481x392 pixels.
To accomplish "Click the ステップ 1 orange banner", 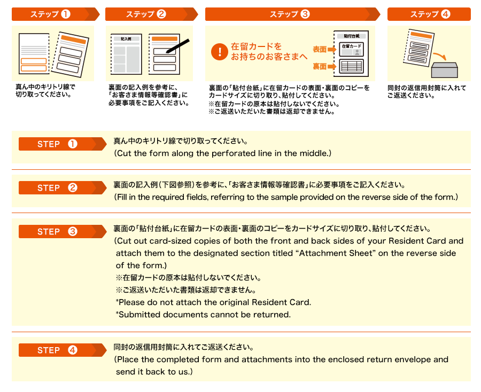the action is [x=56, y=14].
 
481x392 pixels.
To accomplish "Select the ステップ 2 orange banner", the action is [x=152, y=14].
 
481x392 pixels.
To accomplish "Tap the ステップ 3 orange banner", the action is [x=293, y=14].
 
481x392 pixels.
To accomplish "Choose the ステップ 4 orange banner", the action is [x=429, y=14].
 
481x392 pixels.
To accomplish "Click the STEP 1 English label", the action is [x=63, y=144].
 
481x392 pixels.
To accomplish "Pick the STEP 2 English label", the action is [x=63, y=187].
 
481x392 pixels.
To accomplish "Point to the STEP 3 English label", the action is [x=63, y=231].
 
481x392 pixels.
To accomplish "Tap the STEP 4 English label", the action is [x=63, y=350].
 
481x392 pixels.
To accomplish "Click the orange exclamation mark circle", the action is [x=220, y=51].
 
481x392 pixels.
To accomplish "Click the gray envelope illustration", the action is [x=445, y=70].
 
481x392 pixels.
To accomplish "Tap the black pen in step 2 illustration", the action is [x=178, y=46].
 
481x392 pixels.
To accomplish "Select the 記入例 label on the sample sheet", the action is [x=126, y=39].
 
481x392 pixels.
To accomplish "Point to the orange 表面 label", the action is [x=320, y=49].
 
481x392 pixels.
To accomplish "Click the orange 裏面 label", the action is [x=320, y=66].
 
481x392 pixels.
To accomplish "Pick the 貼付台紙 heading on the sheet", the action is [x=352, y=36].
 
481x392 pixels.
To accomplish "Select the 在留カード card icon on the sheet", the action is [x=351, y=49].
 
